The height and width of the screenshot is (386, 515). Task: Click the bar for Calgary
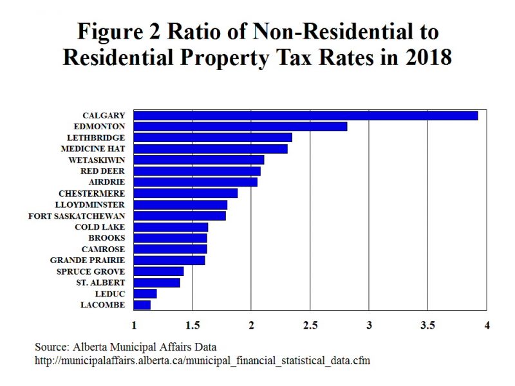(305, 115)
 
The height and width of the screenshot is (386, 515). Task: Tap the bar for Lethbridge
(212, 138)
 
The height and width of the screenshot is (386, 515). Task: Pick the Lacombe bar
(142, 305)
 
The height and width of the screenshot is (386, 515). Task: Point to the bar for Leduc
(145, 293)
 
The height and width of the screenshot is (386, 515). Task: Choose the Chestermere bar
(185, 193)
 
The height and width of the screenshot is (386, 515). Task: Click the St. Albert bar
(156, 282)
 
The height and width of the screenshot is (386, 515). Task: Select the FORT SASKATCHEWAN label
(77, 216)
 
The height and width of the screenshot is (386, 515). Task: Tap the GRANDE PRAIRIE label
(88, 260)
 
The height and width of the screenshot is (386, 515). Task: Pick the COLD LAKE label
(100, 226)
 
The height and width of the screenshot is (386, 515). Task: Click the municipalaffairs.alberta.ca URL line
(203, 360)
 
